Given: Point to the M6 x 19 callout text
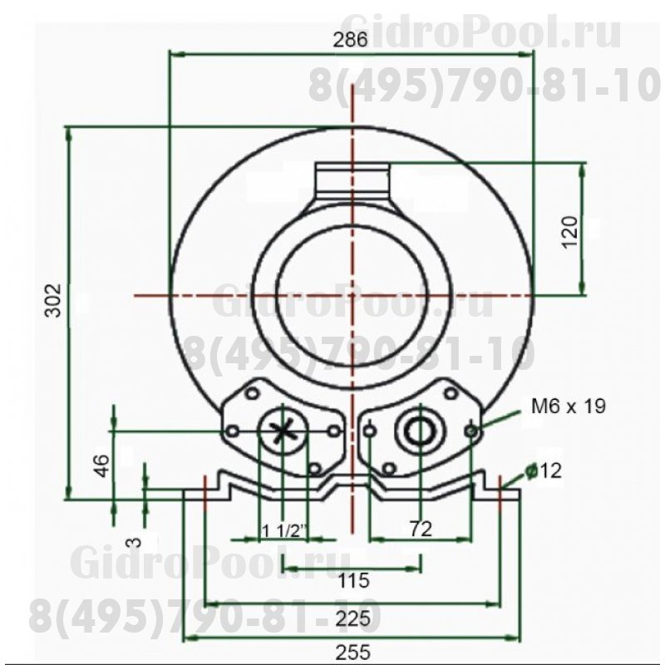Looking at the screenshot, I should [569, 406].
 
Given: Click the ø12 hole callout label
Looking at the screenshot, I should [544, 470].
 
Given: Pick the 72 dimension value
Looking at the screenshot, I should [421, 530].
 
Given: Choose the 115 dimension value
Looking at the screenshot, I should [353, 579].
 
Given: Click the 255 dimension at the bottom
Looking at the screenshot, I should [353, 653].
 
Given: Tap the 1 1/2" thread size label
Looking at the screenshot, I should [285, 530].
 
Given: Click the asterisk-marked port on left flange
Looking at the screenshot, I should [284, 431].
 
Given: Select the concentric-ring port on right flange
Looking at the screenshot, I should [421, 431].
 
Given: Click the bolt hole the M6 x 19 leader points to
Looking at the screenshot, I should [472, 430].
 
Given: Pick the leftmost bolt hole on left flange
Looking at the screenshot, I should [234, 431].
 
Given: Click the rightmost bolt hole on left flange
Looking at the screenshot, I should [333, 431].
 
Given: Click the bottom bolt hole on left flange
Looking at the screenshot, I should [313, 468].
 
